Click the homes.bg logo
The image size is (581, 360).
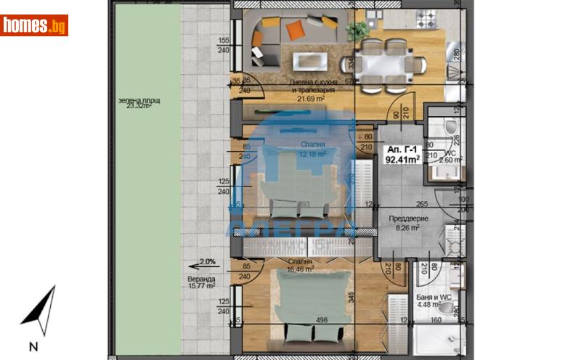coord(34,25)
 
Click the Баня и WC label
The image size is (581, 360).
coord(434,298)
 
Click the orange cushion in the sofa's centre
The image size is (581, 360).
coord(294,30)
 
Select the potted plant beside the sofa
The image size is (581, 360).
coord(357,30)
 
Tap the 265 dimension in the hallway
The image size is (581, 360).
coord(420,204)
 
